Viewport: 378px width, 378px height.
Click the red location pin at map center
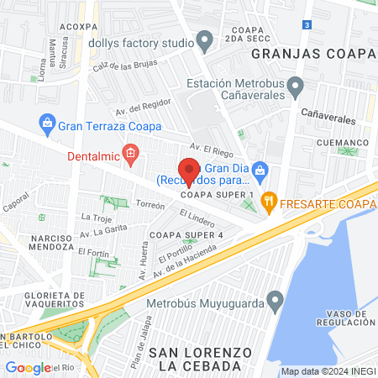pos(189,171)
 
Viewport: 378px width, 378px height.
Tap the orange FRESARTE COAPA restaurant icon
pos(269,200)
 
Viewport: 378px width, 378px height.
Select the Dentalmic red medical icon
pos(129,152)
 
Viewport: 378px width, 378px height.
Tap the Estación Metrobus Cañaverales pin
pos(295,86)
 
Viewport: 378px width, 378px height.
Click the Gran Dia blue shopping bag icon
pos(260,171)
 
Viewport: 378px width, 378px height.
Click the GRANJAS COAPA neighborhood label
pos(312,55)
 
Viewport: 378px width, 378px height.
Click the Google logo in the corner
pos(28,367)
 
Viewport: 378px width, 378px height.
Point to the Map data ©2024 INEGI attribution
pos(328,371)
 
